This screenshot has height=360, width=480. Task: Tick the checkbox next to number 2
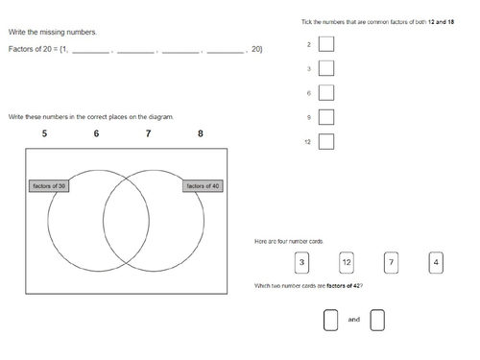coord(326,44)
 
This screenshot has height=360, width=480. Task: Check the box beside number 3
coord(326,68)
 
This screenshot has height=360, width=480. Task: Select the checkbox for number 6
coord(326,92)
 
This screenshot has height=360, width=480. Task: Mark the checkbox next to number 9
coord(326,117)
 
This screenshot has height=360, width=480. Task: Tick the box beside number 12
coord(326,141)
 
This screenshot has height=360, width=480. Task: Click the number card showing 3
coord(301,263)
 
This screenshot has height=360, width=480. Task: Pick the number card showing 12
coord(347,263)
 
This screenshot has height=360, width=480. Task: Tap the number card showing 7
coord(391,263)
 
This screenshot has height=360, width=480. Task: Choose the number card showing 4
coord(436,263)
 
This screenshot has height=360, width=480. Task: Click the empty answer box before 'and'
coord(330,320)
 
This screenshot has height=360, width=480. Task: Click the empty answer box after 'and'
coord(377,320)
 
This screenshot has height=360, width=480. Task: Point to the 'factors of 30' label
coord(49,186)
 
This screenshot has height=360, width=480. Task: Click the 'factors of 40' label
coord(203,186)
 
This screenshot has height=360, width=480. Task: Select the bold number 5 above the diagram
coord(44,133)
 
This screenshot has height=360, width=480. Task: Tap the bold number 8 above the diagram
coord(201,133)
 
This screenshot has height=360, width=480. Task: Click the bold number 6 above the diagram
coord(96,133)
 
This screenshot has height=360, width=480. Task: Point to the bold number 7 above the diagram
coord(148,133)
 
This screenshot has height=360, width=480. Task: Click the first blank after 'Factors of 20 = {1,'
coord(91,53)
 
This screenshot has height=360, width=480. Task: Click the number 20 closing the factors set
coord(255,49)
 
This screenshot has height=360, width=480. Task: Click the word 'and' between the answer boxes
coord(354,320)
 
